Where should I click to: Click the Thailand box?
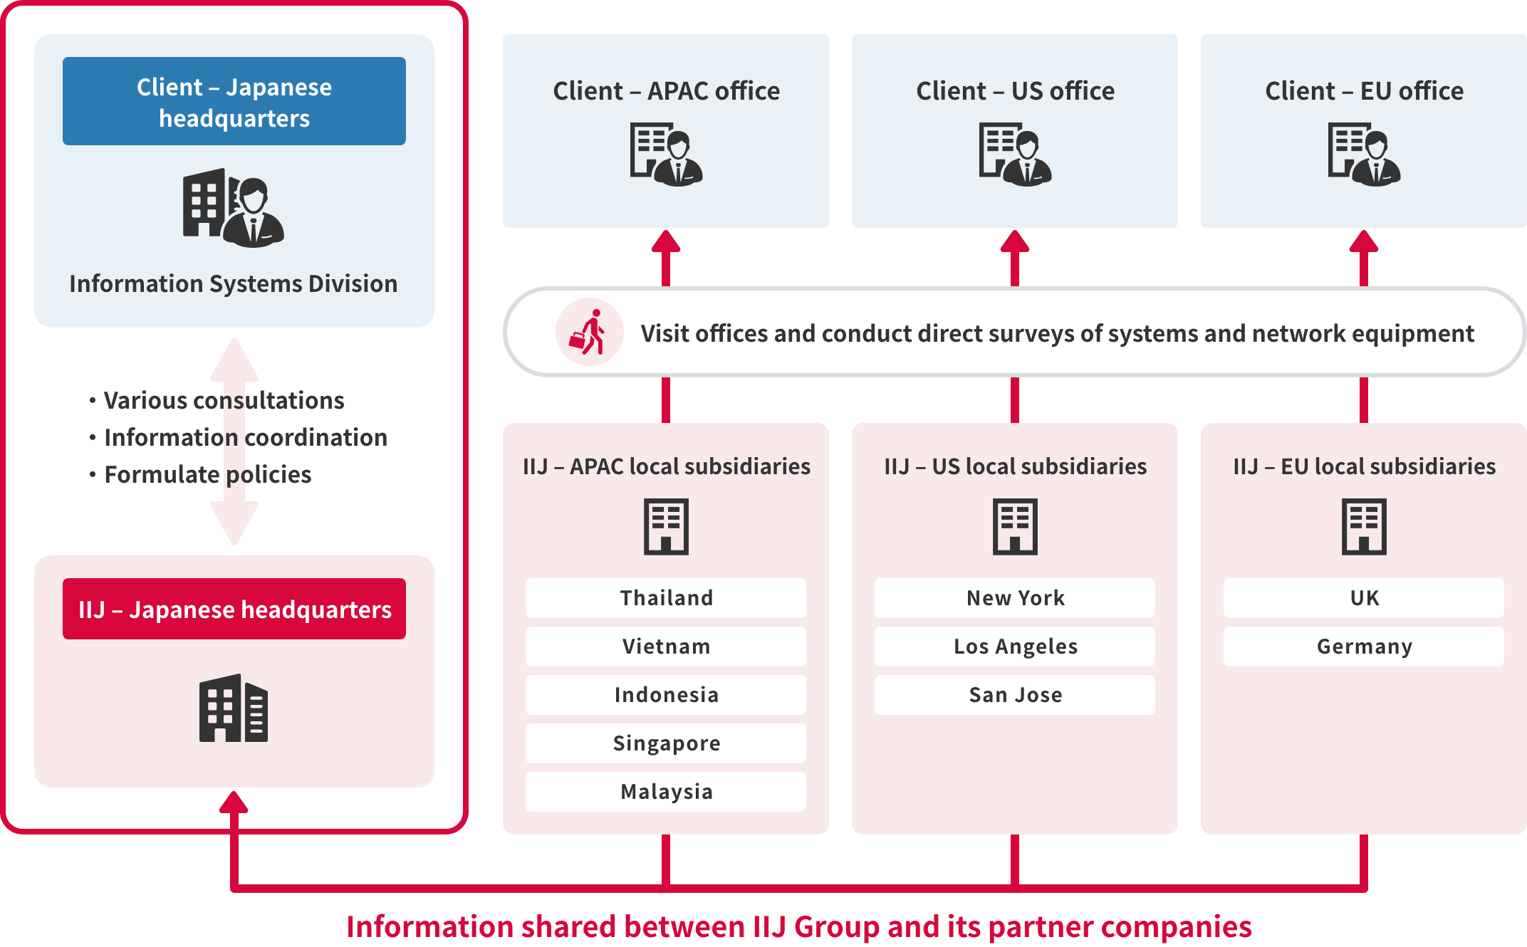[x=666, y=598]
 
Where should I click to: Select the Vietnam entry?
[x=666, y=647]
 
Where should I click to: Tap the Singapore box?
[x=666, y=743]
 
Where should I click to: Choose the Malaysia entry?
[x=666, y=792]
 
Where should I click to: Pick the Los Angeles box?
[x=1015, y=647]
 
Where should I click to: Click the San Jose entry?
[x=1015, y=695]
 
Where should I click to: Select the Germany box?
[x=1364, y=647]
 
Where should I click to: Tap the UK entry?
[x=1364, y=598]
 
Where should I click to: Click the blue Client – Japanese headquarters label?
[x=234, y=102]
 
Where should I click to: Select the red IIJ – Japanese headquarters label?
[x=234, y=609]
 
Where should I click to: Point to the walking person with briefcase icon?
[x=589, y=333]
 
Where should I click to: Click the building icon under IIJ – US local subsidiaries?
[x=1015, y=527]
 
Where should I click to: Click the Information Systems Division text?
[x=234, y=284]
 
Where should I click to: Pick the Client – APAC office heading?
[x=666, y=91]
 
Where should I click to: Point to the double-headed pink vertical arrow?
[x=234, y=441]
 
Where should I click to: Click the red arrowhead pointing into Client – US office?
[x=1015, y=242]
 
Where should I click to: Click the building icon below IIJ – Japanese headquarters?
[x=234, y=708]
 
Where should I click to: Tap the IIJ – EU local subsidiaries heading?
[x=1364, y=466]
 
